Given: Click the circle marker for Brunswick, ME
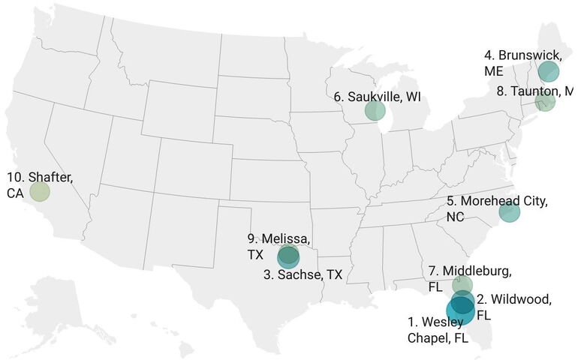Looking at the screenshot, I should point(549,72).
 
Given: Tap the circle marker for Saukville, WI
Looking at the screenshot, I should point(375,111).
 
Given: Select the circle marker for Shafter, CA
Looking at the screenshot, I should point(39,191).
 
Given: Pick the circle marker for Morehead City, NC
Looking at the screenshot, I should point(509,212).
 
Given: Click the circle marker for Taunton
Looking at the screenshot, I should point(545,101).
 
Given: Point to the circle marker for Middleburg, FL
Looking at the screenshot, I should point(462,284).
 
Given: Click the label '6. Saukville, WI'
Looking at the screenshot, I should point(375,96).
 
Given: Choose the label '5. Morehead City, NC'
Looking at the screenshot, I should point(496,208).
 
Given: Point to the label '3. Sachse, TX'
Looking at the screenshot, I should point(303,275).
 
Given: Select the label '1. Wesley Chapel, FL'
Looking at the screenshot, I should point(438,330).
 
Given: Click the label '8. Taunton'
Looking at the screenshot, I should point(535,91).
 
